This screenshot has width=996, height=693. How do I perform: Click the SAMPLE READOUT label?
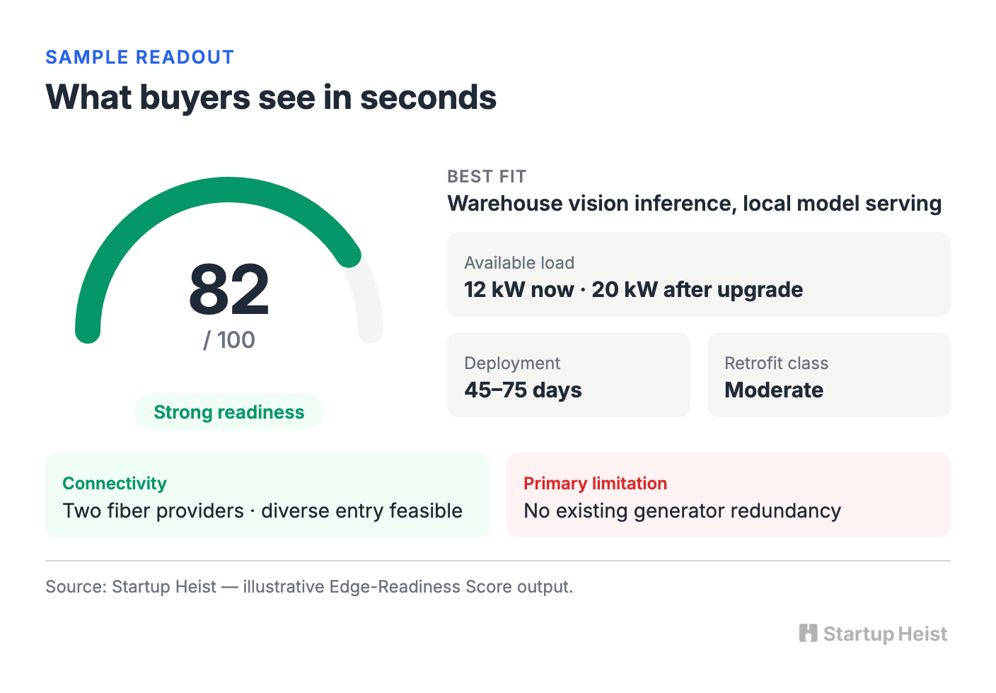(139, 57)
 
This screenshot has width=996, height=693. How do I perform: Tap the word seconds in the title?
(428, 98)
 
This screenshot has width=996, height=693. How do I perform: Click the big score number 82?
(229, 289)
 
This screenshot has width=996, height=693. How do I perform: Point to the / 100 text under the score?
(229, 340)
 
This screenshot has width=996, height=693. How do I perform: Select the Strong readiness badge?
(229, 412)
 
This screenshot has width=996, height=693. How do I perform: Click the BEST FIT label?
(487, 177)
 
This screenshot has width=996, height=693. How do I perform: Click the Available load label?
(519, 263)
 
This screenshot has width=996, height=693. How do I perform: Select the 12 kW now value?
(519, 290)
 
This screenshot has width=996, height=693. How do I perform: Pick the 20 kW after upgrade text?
(697, 290)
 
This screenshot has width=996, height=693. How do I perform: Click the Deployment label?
(512, 363)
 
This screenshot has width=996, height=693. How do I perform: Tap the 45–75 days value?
(523, 390)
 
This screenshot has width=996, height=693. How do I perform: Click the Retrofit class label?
(776, 363)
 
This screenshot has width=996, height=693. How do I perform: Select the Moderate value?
(774, 390)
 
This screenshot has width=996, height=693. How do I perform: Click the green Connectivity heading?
(115, 483)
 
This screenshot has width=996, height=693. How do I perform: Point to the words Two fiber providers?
(153, 511)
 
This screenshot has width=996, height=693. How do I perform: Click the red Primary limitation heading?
(595, 483)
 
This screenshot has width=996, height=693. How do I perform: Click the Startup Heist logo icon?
(808, 633)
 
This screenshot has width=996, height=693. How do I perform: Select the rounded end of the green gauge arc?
(349, 255)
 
